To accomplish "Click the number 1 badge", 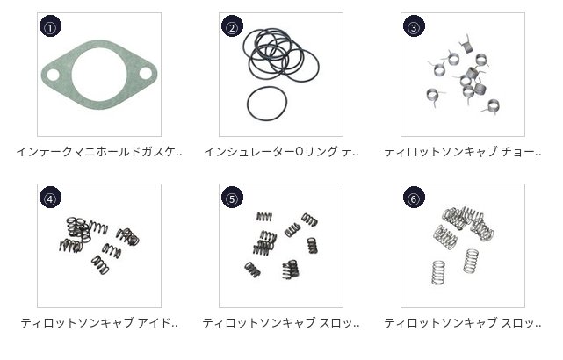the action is [50, 26].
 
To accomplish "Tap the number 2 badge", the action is [232, 26].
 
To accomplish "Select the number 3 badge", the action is [414, 26].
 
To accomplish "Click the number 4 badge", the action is [50, 198].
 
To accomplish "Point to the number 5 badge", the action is [232, 198].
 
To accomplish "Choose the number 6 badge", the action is [414, 198].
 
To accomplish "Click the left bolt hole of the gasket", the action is [53, 75].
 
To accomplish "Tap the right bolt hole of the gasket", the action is [146, 73].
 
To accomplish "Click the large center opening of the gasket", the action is [99, 75].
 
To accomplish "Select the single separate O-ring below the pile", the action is [248, 104].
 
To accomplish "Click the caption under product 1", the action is [99, 152].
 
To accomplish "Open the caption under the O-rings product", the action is [281, 152].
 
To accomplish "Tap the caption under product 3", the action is [463, 152].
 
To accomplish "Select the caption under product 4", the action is [99, 322].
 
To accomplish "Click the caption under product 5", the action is [281, 322].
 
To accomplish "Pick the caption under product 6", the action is [463, 322].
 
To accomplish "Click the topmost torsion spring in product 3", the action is [466, 45].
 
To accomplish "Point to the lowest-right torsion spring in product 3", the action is [492, 106].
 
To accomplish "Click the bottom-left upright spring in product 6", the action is [438, 273].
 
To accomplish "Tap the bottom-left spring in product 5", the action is [252, 270].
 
